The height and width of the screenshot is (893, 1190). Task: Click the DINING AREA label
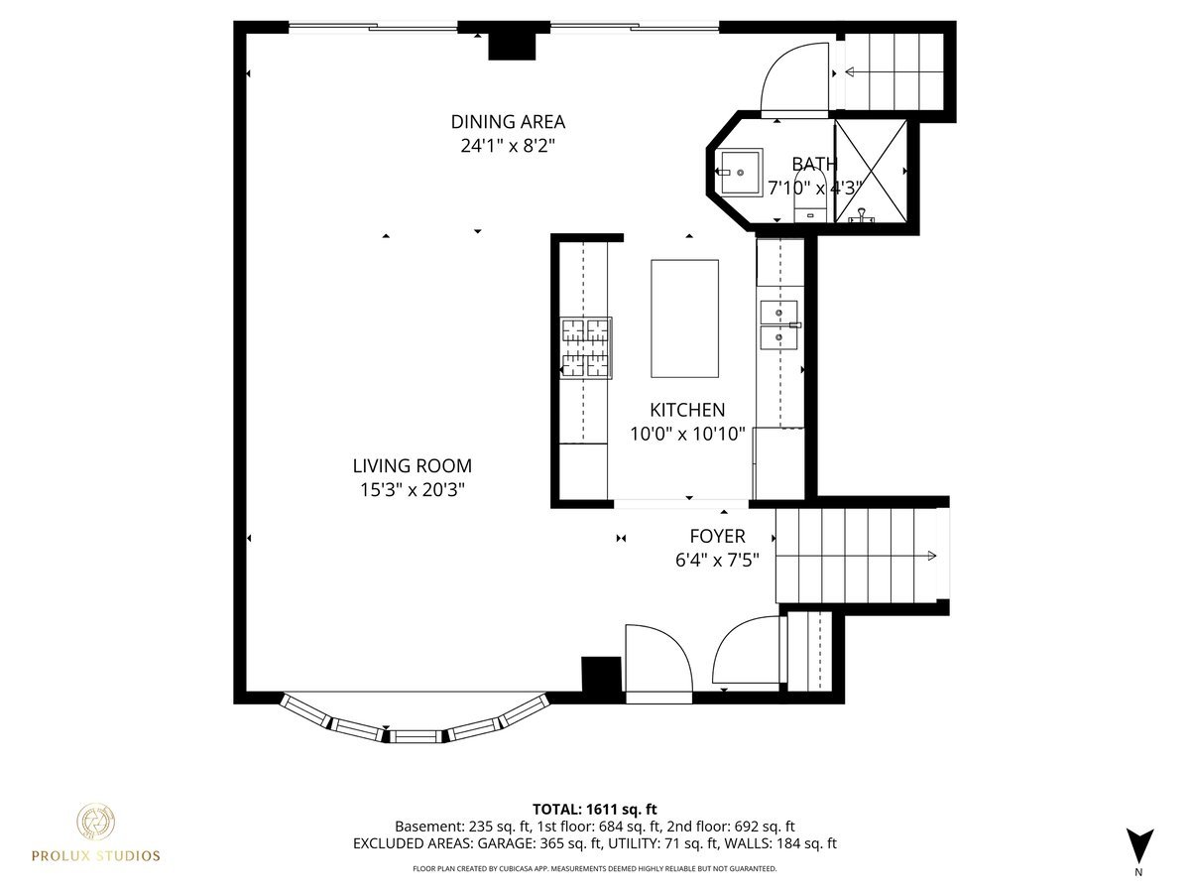point(508,122)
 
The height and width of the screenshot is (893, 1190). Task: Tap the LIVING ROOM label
point(412,465)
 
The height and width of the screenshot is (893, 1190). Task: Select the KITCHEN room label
point(687,410)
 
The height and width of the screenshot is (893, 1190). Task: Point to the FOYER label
point(717,537)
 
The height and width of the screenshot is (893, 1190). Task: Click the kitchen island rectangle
point(684,319)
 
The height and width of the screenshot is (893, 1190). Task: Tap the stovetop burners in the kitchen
point(585,347)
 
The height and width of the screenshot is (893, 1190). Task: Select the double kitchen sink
point(779,325)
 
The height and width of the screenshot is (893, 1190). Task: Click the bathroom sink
point(740,173)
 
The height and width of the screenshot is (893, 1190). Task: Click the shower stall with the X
point(871,171)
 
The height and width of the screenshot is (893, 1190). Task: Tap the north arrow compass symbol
point(1139,846)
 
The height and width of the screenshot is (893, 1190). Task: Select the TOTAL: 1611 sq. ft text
point(595,809)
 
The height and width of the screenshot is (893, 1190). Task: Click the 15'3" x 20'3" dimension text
point(412,489)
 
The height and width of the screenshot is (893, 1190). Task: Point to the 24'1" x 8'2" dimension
point(508,146)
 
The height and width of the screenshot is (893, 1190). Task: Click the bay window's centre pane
point(416,735)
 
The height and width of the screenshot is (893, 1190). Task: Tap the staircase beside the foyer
point(858,555)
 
